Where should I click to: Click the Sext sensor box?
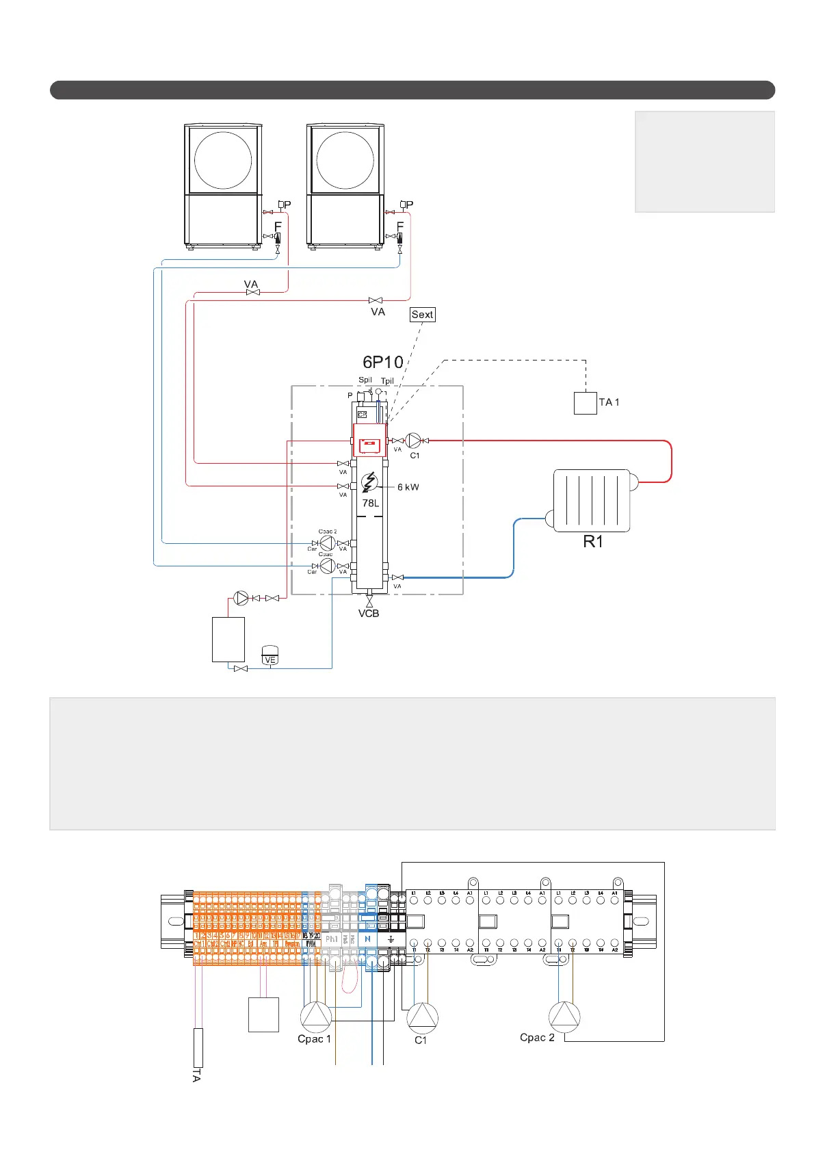click(x=422, y=315)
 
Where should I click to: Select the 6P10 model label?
click(x=382, y=362)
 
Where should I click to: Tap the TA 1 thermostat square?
click(x=585, y=402)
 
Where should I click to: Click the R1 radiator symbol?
click(x=591, y=500)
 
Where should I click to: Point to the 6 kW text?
click(x=408, y=487)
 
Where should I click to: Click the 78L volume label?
click(x=370, y=503)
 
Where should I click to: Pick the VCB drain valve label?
click(x=369, y=614)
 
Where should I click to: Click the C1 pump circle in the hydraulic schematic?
click(x=413, y=441)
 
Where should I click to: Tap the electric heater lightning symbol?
click(x=369, y=482)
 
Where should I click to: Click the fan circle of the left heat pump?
click(x=223, y=160)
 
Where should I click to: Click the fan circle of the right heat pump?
click(x=345, y=160)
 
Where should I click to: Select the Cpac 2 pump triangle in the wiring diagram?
click(x=564, y=1017)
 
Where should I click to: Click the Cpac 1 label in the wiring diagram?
click(x=314, y=1039)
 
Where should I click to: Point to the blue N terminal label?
click(x=368, y=939)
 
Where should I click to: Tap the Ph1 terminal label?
click(x=332, y=939)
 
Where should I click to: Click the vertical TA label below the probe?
click(x=196, y=1074)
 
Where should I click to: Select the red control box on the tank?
click(x=369, y=441)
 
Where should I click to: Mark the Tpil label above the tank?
click(x=387, y=381)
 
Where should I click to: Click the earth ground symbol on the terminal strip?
click(x=391, y=939)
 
